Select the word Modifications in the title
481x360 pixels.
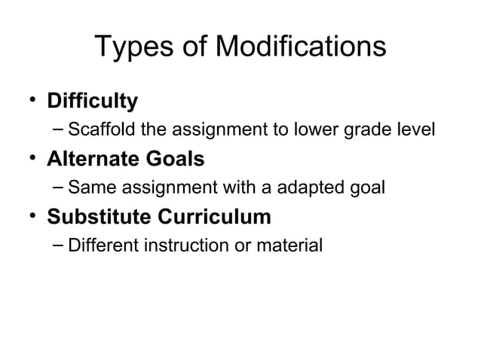pos(301,49)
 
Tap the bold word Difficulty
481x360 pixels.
pos(93,101)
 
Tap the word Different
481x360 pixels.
pos(99,246)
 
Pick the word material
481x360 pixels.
pos(290,246)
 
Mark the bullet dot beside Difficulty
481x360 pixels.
pos(32,99)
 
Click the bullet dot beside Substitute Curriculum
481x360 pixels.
pos(32,216)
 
